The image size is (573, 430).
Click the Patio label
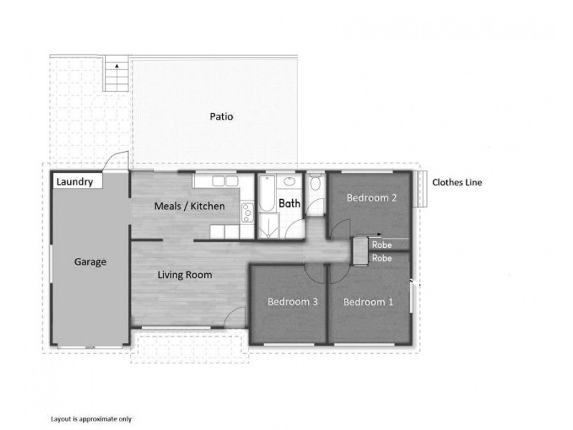click(x=221, y=117)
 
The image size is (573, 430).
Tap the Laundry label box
click(x=77, y=181)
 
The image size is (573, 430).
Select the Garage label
click(x=90, y=262)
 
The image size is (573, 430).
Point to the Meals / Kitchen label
click(x=189, y=206)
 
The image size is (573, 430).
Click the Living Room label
click(x=185, y=274)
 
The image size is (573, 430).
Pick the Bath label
click(x=289, y=204)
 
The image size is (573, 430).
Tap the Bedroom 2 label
click(x=372, y=198)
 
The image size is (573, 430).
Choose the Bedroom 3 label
click(x=292, y=302)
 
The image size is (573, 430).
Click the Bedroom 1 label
click(x=368, y=302)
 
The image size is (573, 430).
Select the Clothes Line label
click(x=457, y=183)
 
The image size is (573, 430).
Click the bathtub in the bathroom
click(x=266, y=193)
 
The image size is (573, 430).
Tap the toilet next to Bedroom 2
click(x=315, y=181)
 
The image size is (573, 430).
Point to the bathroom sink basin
click(x=289, y=181)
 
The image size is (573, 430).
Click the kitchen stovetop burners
click(x=247, y=212)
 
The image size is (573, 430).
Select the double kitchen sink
click(x=225, y=181)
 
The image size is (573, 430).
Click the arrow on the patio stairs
click(x=117, y=66)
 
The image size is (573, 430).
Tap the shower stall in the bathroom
click(x=269, y=226)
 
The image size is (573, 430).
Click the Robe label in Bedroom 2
click(x=382, y=245)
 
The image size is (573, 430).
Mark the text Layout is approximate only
click(x=91, y=419)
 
